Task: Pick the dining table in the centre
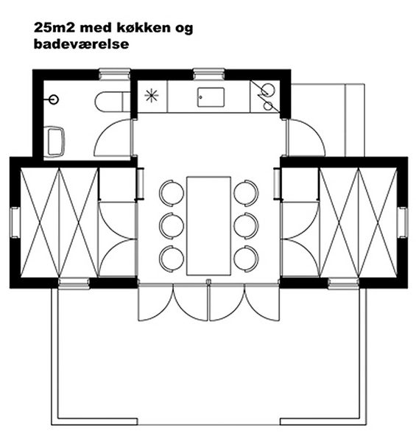pos(209,224)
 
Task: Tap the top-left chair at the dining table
pos(172,193)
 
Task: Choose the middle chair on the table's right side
pos(246,225)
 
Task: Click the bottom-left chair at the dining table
pos(172,257)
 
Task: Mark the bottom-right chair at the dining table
pos(246,257)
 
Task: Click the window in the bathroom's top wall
pos(114,74)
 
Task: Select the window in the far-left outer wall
pos(14,222)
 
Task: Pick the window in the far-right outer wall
pos(402,222)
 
